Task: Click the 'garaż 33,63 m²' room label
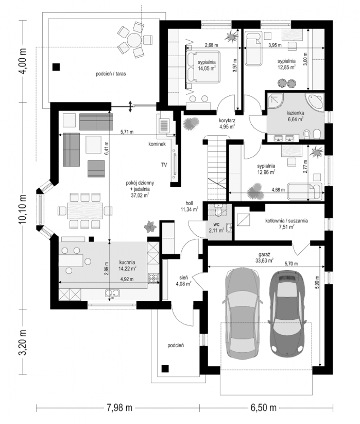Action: coord(264,258)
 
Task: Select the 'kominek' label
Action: coord(157,144)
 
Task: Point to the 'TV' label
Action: coord(164,165)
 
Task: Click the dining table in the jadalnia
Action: coord(85,211)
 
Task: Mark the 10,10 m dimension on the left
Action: coord(23,209)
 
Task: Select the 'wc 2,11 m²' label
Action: coord(216,228)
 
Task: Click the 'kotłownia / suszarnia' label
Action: coord(287,221)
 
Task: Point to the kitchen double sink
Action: coord(113,293)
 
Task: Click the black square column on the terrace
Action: coord(56,67)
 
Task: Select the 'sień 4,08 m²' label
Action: coord(184,281)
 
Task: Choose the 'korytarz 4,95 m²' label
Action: coord(227,124)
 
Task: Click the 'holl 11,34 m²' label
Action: coord(189,206)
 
